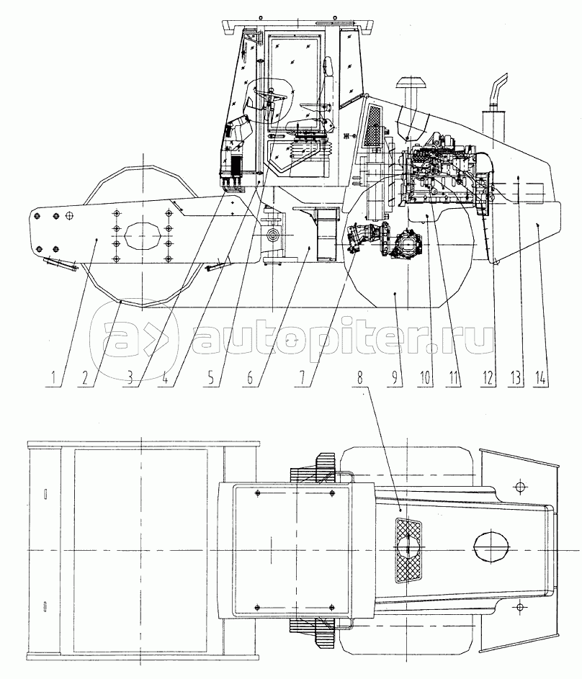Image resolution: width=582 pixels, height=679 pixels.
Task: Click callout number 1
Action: click(53, 378)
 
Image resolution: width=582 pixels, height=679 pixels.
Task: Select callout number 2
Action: click(84, 378)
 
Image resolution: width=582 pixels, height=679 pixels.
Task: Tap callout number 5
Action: click(211, 378)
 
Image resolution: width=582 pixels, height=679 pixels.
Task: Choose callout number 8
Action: click(359, 378)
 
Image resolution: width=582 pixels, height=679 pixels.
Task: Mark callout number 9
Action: click(395, 378)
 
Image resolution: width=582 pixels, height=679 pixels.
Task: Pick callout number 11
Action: click(453, 378)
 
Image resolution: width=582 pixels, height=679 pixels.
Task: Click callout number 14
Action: click(541, 378)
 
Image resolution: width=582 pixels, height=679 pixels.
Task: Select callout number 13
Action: click(515, 378)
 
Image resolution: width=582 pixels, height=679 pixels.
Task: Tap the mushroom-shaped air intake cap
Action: click(409, 82)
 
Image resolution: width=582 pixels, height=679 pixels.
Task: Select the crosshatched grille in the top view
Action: click(408, 550)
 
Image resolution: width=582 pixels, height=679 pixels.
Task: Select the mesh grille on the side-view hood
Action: click(375, 126)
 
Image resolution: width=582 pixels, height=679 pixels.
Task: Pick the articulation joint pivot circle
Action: click(273, 235)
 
